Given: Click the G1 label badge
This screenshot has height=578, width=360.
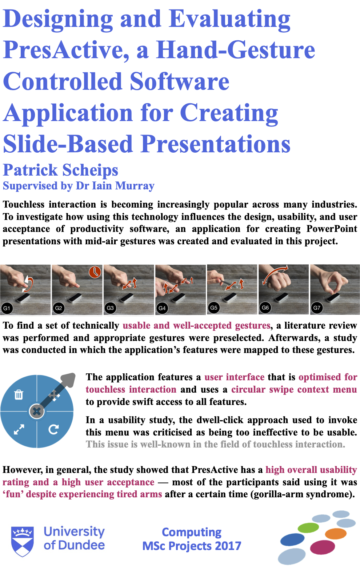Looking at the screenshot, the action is pos(7,308).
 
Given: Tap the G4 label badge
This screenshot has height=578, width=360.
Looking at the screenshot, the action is pos(162,308).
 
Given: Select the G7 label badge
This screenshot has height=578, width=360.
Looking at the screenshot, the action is pos(317,308).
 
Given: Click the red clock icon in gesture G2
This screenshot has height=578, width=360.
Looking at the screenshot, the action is pos(95,272).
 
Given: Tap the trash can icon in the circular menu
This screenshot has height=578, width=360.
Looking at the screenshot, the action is pos(19,394).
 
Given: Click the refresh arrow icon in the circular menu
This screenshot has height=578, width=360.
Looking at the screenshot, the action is pos(54,429).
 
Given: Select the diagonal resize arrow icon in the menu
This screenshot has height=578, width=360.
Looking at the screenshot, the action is pos(19,429).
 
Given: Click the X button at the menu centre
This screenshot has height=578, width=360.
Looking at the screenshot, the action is pos(37,411).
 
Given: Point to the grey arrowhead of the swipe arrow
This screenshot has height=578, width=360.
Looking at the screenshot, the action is pos(68,380).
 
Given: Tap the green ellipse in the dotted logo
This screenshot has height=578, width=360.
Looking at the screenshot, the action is pos(308,528).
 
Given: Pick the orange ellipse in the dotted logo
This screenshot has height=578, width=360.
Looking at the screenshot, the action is pos(336,534).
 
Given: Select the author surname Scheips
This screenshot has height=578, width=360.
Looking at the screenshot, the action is pos(90,170).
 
